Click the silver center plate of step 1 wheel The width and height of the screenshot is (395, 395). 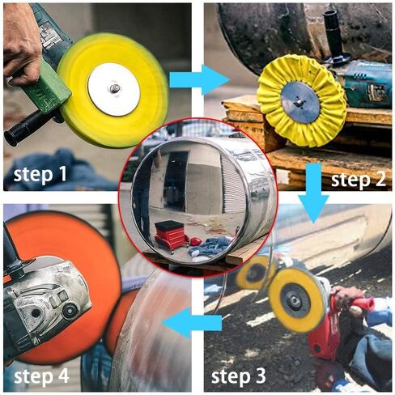click(113, 89)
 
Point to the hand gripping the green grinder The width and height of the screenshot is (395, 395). click(19, 40)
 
